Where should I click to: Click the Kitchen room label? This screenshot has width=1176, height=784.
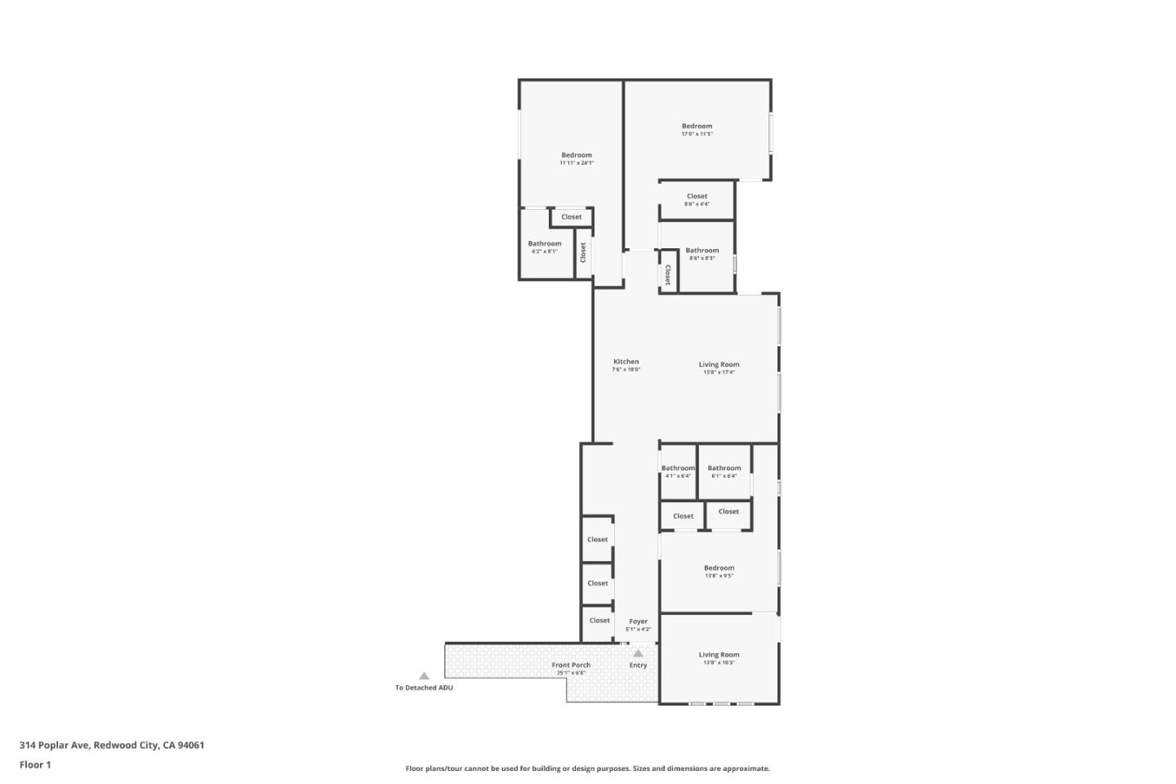(x=626, y=364)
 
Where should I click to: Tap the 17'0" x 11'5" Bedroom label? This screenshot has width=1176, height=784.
(x=697, y=129)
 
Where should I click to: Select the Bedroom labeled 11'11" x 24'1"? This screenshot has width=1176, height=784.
(x=577, y=158)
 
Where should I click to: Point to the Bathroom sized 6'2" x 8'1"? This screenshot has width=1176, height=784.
(x=545, y=247)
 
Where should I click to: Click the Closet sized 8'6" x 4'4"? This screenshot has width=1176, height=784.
(x=697, y=199)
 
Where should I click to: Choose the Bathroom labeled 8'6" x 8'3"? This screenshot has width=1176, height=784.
(x=702, y=253)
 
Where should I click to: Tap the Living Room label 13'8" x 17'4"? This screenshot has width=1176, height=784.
(x=719, y=367)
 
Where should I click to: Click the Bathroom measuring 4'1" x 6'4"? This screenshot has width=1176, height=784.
(x=678, y=471)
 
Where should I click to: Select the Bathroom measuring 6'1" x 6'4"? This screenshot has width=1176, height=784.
(x=724, y=471)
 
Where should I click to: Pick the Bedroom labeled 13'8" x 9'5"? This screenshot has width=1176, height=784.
(x=719, y=571)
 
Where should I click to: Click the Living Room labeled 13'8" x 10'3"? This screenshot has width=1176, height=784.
(x=719, y=657)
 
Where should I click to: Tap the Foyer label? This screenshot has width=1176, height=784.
(x=638, y=625)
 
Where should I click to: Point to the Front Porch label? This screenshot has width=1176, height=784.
(x=571, y=668)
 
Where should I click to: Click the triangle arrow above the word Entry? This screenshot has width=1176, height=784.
(x=638, y=653)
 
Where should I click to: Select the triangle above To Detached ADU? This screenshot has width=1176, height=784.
(x=424, y=676)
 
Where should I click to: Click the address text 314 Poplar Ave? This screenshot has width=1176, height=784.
(x=112, y=745)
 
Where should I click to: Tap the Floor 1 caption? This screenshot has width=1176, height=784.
(x=35, y=764)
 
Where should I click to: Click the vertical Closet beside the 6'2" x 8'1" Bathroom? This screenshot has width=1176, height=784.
(x=583, y=252)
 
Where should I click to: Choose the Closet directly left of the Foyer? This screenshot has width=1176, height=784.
(x=599, y=621)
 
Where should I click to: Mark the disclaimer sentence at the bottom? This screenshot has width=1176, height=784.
(x=588, y=768)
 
